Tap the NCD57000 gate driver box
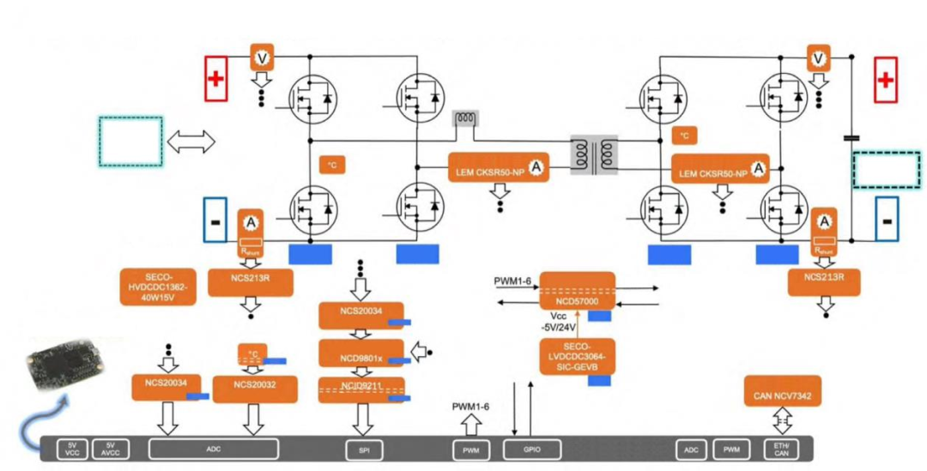click(577, 292)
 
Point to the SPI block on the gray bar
click(361, 449)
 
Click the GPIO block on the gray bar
click(531, 449)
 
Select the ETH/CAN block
click(781, 449)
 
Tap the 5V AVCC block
click(110, 449)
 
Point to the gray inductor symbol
click(468, 118)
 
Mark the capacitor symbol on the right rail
click(851, 136)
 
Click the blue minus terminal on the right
click(886, 220)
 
